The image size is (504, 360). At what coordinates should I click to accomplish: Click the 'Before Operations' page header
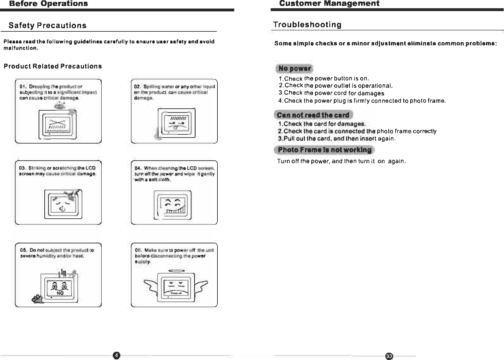[x=48, y=3]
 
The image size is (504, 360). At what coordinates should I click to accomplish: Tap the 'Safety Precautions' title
[x=48, y=25]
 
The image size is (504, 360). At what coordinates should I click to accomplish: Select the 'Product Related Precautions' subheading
[x=53, y=66]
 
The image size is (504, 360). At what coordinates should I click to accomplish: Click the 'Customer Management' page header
[x=329, y=3]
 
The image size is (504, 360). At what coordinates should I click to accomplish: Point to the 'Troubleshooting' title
[x=307, y=25]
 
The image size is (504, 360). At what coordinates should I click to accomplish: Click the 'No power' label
[x=294, y=68]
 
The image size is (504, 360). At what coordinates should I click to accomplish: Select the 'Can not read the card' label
[x=313, y=115]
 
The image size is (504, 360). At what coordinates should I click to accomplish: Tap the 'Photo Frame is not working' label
[x=324, y=150]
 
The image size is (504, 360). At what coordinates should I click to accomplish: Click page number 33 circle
[x=389, y=356]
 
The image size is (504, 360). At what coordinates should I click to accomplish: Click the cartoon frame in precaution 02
[x=177, y=122]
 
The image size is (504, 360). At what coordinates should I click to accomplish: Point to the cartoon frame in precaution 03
[x=63, y=204]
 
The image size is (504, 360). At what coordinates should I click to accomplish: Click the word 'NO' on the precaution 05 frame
[x=60, y=293]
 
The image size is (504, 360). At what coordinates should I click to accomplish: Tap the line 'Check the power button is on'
[x=324, y=79]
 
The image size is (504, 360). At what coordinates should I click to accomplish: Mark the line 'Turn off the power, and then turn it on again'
[x=341, y=161]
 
